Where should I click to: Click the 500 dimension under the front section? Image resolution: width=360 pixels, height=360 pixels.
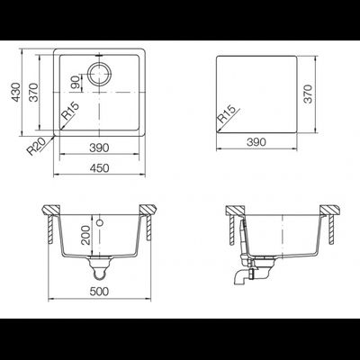(x=100, y=292)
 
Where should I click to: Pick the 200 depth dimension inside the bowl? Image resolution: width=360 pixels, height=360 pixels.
(x=86, y=236)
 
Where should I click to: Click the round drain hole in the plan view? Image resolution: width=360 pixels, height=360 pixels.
(x=101, y=74)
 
